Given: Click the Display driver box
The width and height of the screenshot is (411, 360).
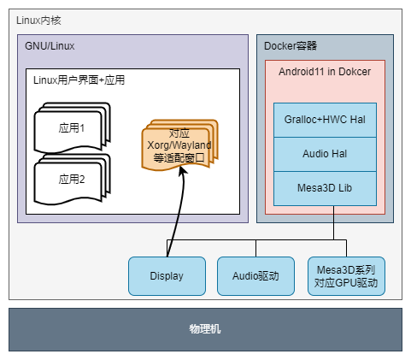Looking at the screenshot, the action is tap(167, 276).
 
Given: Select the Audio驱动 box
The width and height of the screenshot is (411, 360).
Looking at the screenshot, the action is tap(255, 276).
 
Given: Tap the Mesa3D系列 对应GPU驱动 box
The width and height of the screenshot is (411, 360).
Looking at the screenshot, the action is tap(346, 276).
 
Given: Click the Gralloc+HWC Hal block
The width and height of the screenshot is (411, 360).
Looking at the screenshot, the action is tap(325, 120).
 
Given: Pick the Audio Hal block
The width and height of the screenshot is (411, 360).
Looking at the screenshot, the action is tap(325, 154).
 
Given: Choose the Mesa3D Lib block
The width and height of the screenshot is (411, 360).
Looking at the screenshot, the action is tap(325, 188).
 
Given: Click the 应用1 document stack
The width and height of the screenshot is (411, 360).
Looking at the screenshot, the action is tap(72, 127).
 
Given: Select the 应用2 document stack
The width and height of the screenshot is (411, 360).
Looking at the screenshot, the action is tap(72, 180).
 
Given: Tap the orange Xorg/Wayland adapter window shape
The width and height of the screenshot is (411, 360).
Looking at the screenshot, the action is tap(179, 145).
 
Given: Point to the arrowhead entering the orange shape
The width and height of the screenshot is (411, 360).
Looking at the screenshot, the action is tap(183, 170).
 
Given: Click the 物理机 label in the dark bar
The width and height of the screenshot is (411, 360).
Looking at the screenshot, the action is tap(205, 329).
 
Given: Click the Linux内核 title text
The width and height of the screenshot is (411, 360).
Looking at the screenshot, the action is tap(38, 21).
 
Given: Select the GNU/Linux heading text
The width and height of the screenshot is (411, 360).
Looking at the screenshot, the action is tap(50, 46).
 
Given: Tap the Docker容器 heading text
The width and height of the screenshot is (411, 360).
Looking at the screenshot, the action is tap(291, 46).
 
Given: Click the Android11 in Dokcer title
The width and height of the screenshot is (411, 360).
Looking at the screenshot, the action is tap(325, 72).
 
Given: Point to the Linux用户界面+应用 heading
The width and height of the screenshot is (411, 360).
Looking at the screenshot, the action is tap(79, 80).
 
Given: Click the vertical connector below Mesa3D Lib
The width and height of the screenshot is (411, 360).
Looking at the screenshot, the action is tap(333, 222).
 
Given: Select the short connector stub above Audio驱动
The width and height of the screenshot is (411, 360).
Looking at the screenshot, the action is tap(255, 248).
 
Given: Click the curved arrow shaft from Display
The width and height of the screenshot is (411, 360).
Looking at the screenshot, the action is tap(179, 211).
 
